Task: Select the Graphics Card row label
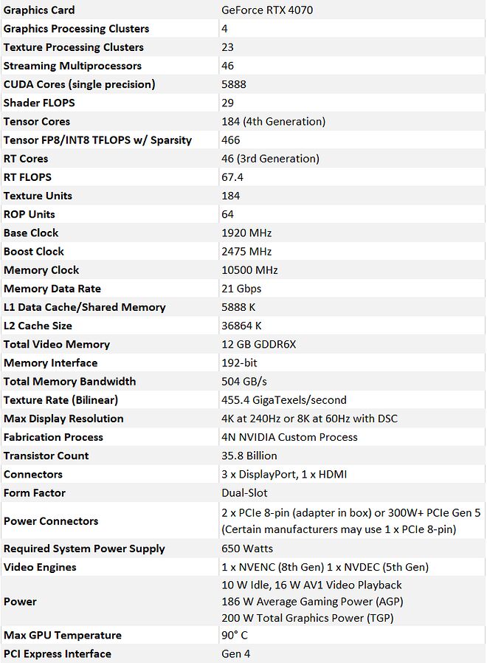[x=39, y=10]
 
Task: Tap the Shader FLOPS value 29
[x=228, y=103]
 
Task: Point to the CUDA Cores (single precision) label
[x=79, y=84]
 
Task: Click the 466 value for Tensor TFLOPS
[x=231, y=140]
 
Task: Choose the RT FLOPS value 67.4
[x=232, y=177]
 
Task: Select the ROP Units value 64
[x=228, y=214]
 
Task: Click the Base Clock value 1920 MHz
[x=246, y=233]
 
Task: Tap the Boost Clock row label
[x=34, y=251]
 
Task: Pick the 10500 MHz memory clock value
[x=249, y=270]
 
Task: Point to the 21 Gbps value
[x=241, y=289]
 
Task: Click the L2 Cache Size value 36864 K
[x=241, y=326]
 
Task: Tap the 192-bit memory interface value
[x=240, y=363]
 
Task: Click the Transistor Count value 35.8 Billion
[x=249, y=456]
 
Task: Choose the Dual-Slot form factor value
[x=244, y=492]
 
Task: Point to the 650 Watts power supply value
[x=247, y=549]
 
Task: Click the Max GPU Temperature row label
[x=63, y=635]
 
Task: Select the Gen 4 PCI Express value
[x=236, y=653]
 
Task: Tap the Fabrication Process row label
[x=53, y=437]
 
